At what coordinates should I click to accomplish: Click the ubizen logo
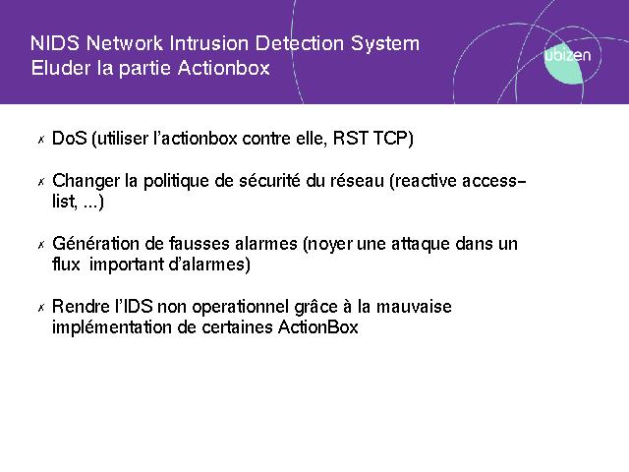coord(567,60)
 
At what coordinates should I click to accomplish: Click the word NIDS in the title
coord(55,43)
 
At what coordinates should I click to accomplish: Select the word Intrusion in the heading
coord(209,43)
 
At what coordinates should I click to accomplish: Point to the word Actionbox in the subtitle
coord(224,68)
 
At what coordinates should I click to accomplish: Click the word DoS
coord(70,139)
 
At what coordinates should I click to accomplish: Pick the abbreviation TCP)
coord(393,139)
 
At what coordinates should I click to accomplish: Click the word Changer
coord(86,181)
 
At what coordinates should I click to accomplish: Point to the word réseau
coord(357,181)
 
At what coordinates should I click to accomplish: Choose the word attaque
coord(420,245)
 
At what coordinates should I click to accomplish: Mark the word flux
coord(66,265)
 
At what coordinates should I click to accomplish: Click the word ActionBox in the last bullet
coord(318,327)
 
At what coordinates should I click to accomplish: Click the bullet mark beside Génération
coord(41,245)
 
